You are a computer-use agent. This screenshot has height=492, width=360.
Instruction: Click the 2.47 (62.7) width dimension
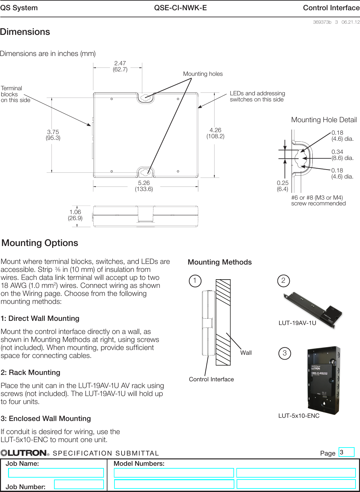[120, 66]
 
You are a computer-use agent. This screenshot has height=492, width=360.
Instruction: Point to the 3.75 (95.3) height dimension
[53, 135]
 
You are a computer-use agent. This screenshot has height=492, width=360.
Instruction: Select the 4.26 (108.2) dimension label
[215, 133]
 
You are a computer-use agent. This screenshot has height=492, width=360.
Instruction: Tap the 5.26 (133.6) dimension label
[144, 186]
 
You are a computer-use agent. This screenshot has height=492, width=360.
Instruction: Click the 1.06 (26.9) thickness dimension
[75, 215]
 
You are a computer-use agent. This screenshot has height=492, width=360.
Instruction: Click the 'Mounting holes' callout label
[203, 74]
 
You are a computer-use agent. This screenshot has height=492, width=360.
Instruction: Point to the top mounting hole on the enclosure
[146, 97]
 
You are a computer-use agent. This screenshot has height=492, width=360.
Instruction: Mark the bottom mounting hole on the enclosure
[146, 172]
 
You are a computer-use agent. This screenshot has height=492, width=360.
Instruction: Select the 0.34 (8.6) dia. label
[342, 155]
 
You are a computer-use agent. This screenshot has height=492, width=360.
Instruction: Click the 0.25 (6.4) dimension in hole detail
[282, 186]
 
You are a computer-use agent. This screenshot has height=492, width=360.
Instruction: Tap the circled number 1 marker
[195, 281]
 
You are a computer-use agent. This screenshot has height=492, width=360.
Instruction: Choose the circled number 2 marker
[283, 281]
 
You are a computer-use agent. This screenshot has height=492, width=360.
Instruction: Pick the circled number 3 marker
[285, 353]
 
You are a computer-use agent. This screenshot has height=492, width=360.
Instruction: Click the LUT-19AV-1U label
[297, 323]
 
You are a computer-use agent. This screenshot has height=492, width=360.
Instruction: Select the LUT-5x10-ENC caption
[299, 416]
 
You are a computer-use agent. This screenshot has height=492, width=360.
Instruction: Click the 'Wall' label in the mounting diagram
[246, 353]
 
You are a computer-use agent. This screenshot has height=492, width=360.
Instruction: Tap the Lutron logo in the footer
[25, 453]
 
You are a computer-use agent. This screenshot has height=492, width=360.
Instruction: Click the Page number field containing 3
[346, 452]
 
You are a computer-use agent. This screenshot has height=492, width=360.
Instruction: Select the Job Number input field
[79, 484]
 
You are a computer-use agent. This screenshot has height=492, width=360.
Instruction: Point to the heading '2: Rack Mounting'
[30, 372]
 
